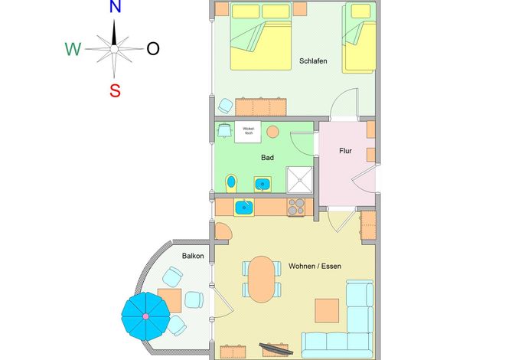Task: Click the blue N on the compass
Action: click(115, 6)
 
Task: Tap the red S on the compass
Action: click(115, 90)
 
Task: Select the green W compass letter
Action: click(73, 49)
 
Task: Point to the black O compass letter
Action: click(153, 49)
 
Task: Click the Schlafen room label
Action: click(313, 61)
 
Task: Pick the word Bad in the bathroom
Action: click(267, 157)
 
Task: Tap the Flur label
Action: click(345, 151)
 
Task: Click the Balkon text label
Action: click(193, 256)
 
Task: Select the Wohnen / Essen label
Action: click(315, 266)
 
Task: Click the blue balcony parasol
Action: click(145, 316)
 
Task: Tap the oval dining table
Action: click(262, 279)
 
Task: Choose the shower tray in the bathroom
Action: click(299, 180)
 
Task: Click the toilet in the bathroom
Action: click(231, 183)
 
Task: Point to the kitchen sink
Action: click(243, 208)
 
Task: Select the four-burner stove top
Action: click(296, 207)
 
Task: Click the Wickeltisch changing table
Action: click(248, 132)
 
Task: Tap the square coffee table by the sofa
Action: click(327, 311)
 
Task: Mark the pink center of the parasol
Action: click(145, 316)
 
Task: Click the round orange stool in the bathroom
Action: click(273, 132)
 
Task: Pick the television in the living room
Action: click(276, 349)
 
